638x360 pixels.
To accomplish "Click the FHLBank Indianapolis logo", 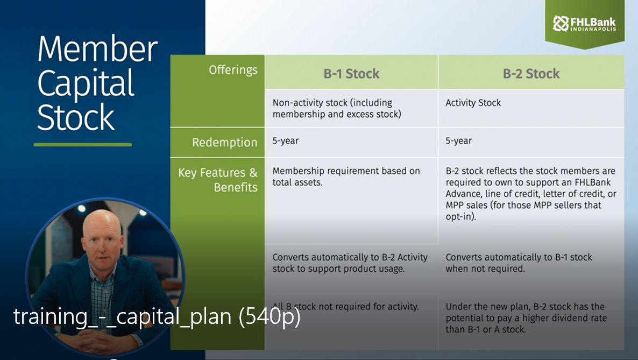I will [x=584, y=24].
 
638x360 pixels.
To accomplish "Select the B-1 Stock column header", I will [x=351, y=74].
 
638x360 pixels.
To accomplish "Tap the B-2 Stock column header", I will [x=531, y=74].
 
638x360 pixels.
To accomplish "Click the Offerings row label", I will [x=233, y=70].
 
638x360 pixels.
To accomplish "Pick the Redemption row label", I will [x=225, y=143].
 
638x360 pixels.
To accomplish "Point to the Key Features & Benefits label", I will [x=218, y=180].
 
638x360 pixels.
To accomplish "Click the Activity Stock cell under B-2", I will [x=473, y=103].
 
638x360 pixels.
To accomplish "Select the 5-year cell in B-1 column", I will [x=286, y=141].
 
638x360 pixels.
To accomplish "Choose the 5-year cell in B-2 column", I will [x=458, y=141].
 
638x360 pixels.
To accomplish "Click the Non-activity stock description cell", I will [x=337, y=108].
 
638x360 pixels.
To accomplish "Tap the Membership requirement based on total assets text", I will [x=346, y=177].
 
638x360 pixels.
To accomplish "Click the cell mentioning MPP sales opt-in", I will [x=530, y=194].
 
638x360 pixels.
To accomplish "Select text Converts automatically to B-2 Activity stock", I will [x=350, y=263].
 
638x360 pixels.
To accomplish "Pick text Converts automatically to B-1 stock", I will [x=519, y=263].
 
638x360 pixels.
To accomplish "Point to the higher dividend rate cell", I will [x=526, y=318].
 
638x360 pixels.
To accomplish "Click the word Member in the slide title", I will [x=97, y=50].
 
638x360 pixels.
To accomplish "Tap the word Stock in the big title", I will [x=76, y=118].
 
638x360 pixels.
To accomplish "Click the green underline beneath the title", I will [x=82, y=144].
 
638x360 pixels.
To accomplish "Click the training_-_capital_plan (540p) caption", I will [x=157, y=317].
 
